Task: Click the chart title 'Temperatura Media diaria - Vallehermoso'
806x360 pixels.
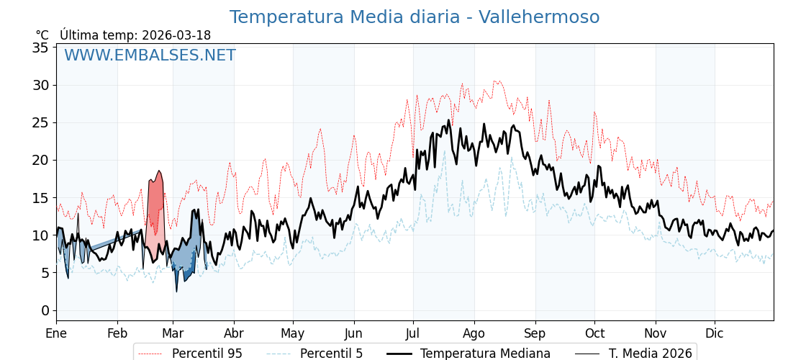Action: [414, 17]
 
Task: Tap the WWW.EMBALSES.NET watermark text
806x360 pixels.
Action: [150, 55]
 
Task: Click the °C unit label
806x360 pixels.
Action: [42, 35]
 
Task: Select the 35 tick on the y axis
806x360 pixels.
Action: [40, 48]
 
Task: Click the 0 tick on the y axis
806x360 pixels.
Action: [45, 310]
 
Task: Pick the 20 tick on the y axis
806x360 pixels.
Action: [40, 160]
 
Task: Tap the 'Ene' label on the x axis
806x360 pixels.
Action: [56, 333]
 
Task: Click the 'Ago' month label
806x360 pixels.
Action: [474, 333]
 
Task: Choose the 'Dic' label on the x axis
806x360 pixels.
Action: [714, 333]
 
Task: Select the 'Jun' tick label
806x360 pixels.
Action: [353, 333]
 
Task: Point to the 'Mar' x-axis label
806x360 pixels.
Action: [173, 333]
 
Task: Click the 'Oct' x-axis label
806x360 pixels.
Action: [594, 333]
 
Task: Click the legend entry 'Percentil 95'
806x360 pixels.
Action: [207, 354]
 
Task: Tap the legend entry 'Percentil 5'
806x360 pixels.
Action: [331, 354]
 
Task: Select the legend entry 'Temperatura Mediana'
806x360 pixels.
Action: [485, 354]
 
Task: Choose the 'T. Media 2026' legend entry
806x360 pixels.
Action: [650, 354]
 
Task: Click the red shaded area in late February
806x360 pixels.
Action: [155, 209]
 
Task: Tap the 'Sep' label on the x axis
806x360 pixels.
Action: [535, 333]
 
